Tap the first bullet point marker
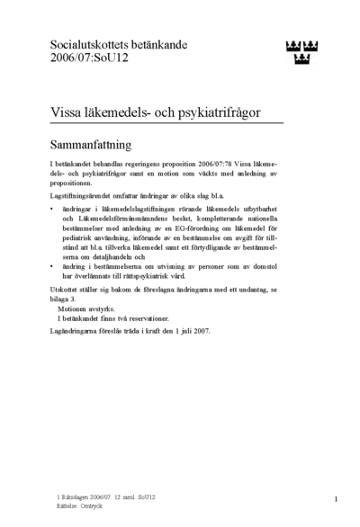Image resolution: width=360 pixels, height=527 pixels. [53, 209]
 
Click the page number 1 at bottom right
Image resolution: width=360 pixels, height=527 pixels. [335, 499]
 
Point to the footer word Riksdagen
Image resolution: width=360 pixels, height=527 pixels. [76, 496]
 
